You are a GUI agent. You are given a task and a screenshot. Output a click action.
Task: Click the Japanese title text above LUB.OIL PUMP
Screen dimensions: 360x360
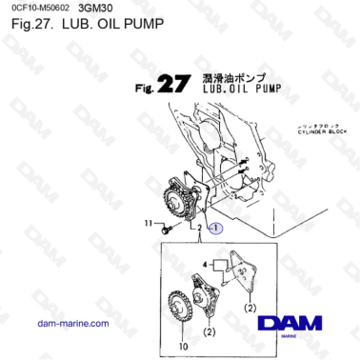234,76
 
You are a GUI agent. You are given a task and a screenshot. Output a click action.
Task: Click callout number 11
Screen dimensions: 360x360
148,224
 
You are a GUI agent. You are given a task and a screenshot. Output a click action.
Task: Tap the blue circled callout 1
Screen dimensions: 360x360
215,229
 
